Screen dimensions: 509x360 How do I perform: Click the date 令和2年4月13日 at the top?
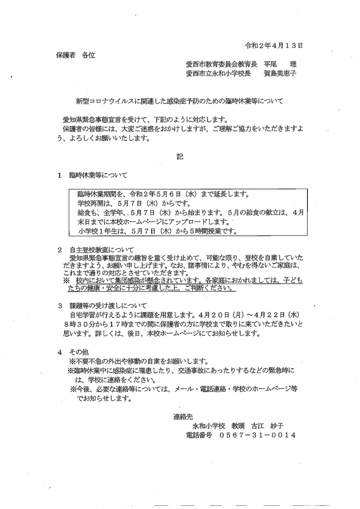[x=274, y=45]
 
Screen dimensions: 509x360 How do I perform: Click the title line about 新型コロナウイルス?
[x=180, y=101]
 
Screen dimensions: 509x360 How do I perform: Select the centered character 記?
[x=180, y=157]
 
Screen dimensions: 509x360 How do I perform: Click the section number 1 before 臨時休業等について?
[x=59, y=175]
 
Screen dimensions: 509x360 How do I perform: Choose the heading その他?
[x=79, y=352]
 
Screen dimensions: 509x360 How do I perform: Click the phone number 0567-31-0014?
[x=257, y=435]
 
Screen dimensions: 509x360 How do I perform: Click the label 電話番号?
[x=199, y=435]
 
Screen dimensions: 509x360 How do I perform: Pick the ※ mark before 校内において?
[x=66, y=281]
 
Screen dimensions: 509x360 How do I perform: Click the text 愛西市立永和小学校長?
[x=218, y=74]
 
